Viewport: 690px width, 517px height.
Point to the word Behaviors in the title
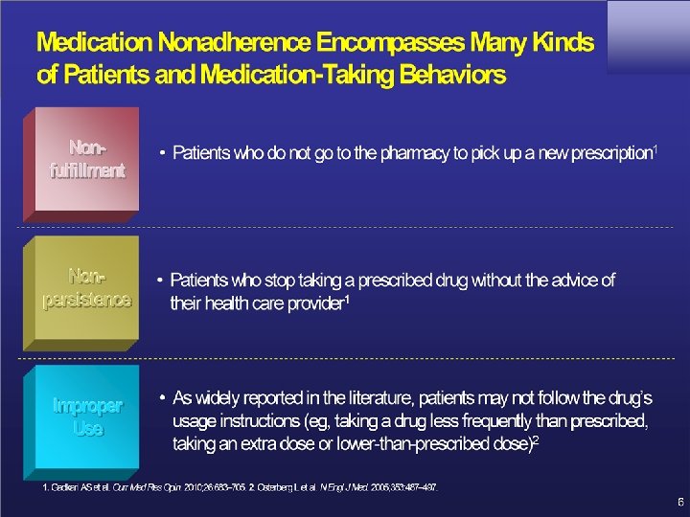448,75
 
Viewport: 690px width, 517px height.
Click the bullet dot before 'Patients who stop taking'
160,281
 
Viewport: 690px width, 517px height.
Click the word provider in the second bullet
311,303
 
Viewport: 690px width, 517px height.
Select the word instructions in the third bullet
263,421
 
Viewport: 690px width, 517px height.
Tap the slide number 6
678,501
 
